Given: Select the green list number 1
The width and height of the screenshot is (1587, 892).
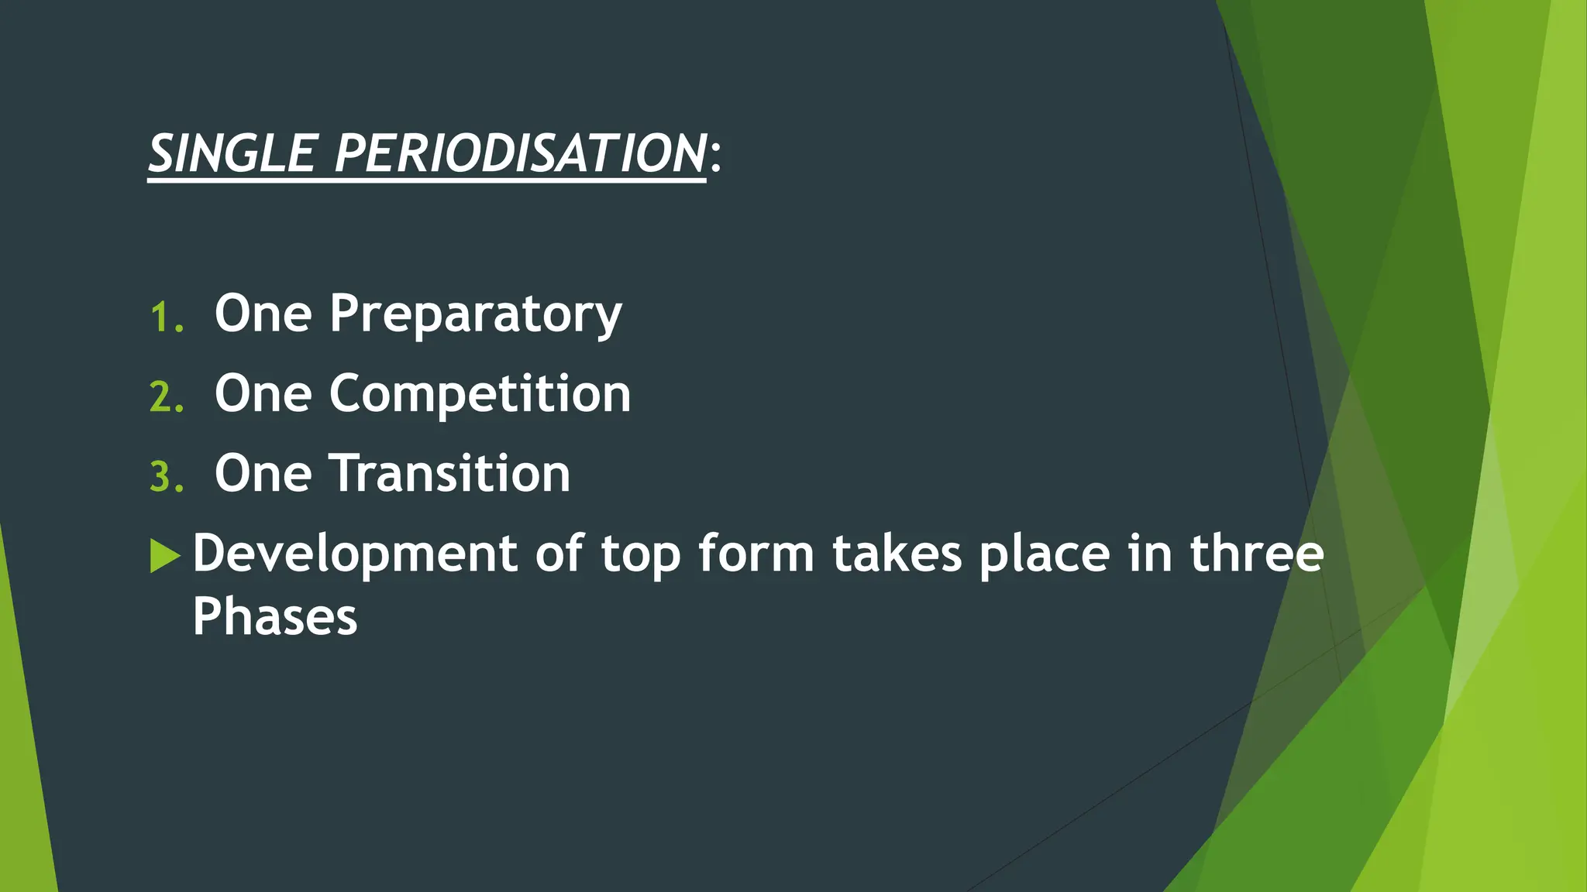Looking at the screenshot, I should point(165,318).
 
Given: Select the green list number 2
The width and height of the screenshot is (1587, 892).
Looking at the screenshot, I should point(165,398).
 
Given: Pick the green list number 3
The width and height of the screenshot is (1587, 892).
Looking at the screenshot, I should point(165,478).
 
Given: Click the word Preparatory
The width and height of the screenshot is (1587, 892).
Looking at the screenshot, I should point(475,315).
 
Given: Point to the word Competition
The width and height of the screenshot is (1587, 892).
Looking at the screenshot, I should point(480,395).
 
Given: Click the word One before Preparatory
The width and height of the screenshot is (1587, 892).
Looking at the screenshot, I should point(263,314).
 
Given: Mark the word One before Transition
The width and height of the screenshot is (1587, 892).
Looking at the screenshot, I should point(263,473).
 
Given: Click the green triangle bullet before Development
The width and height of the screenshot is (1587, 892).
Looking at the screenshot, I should point(164,555).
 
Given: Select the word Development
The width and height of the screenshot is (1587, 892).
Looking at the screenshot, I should point(355,554).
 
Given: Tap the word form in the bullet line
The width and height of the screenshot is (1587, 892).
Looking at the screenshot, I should point(756,554).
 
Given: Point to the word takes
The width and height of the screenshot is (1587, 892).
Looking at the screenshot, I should point(897,554).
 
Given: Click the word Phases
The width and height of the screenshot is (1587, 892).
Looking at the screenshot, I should point(275,617).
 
